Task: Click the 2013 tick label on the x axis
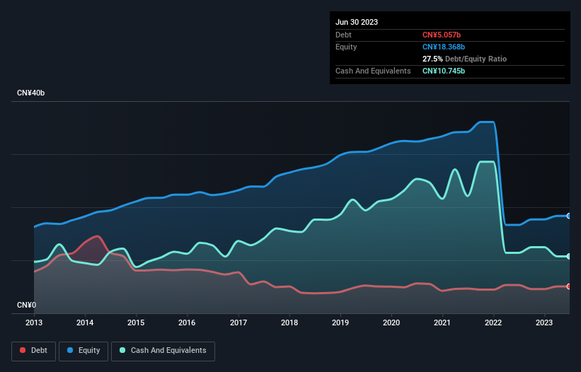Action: (x=34, y=322)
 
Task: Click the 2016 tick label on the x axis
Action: (x=188, y=322)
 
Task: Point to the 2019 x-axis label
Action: (x=340, y=322)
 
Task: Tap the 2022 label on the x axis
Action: (x=494, y=322)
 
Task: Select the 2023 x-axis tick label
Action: (x=545, y=322)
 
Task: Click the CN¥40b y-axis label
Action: (x=32, y=93)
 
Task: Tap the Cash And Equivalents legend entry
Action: (x=163, y=350)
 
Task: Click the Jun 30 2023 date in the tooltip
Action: (x=357, y=22)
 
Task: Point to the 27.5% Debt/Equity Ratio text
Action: (x=464, y=59)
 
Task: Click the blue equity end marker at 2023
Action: (x=568, y=216)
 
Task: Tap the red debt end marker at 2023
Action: (x=568, y=286)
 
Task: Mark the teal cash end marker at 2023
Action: (x=568, y=256)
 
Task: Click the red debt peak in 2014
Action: (x=97, y=236)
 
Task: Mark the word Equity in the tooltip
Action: (x=346, y=47)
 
